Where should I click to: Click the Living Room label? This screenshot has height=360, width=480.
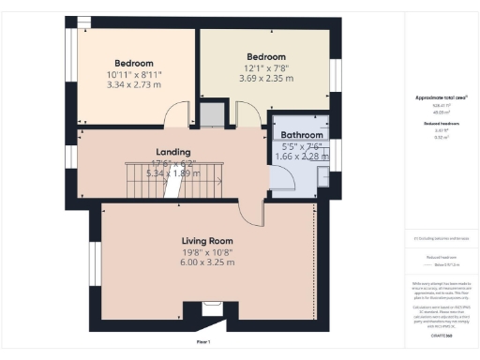coord(207,241)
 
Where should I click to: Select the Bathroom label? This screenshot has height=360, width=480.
coord(302,134)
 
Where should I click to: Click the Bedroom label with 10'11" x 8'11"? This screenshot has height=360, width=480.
coord(132,63)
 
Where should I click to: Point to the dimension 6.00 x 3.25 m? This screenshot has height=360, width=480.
coord(207,262)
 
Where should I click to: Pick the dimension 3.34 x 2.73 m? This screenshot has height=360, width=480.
coord(132,84)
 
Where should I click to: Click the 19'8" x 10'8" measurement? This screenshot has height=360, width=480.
coord(207,252)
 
